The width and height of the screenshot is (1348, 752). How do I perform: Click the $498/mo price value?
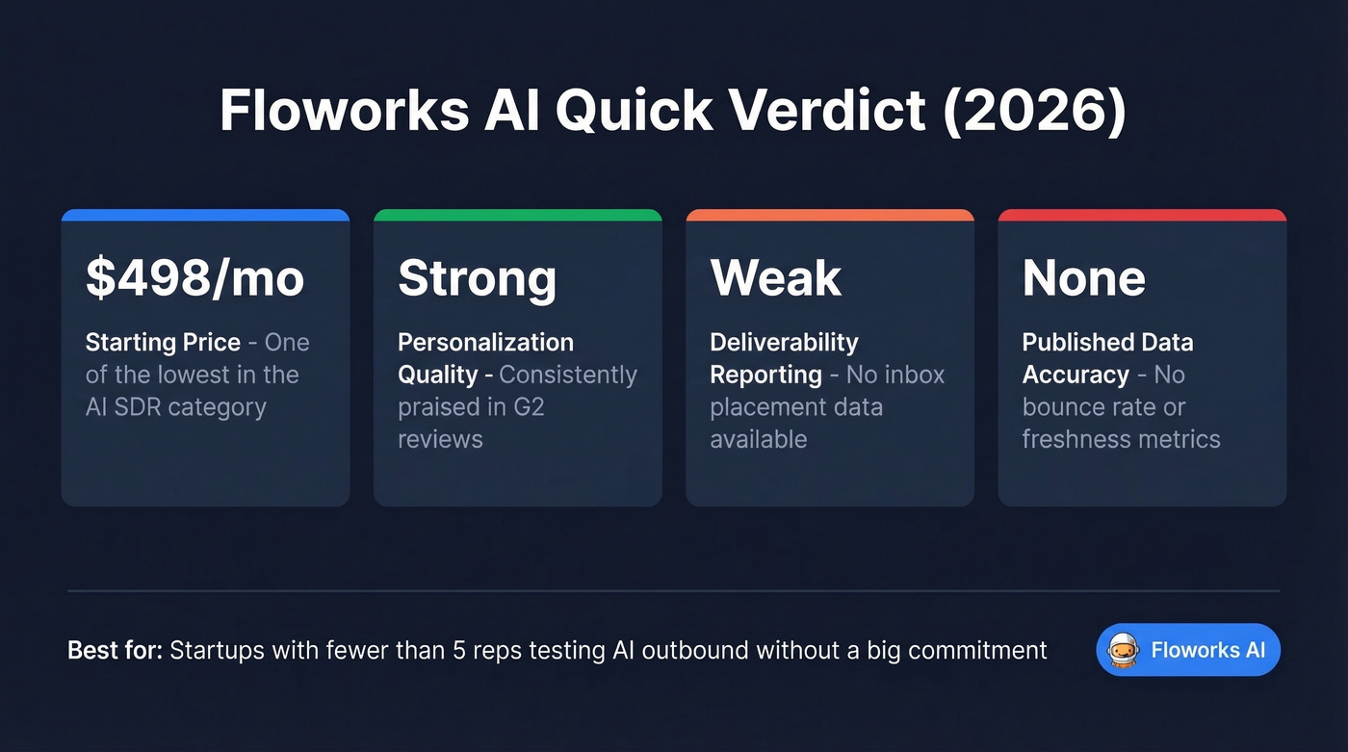coord(194,278)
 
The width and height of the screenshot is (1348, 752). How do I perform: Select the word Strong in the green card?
coord(477,278)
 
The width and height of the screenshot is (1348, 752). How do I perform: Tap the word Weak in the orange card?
coord(775,278)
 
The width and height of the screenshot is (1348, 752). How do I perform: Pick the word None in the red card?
coord(1083,278)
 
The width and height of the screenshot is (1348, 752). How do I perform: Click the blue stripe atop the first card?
coord(205,215)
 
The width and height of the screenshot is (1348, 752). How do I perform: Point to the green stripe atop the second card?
coord(517,215)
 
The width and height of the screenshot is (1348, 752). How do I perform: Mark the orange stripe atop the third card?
coord(829,215)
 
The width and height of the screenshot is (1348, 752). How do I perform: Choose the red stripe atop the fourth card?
coord(1141,215)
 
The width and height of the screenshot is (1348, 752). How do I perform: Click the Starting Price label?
coord(163,343)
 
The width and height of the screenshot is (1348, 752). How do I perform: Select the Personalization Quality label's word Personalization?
coord(485,343)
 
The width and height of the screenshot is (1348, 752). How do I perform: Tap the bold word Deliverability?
coord(784,343)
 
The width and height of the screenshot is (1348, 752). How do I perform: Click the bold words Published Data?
coord(1107,343)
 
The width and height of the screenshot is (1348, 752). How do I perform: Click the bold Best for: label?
coord(115,650)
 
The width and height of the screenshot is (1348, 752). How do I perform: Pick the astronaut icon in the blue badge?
coord(1124,650)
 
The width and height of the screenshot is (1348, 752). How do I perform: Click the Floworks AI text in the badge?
coord(1207,650)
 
